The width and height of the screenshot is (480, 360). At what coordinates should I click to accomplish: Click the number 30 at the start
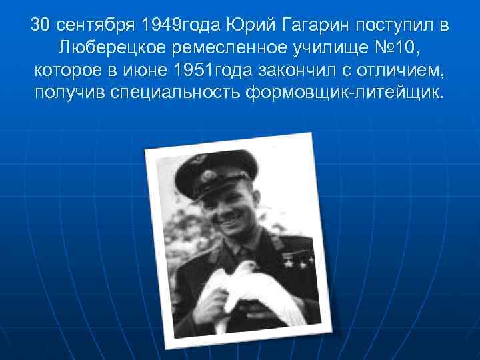point(41,26)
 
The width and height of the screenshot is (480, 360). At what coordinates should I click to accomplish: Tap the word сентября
point(95,26)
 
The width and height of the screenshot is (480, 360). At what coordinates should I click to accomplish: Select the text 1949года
point(180,26)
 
